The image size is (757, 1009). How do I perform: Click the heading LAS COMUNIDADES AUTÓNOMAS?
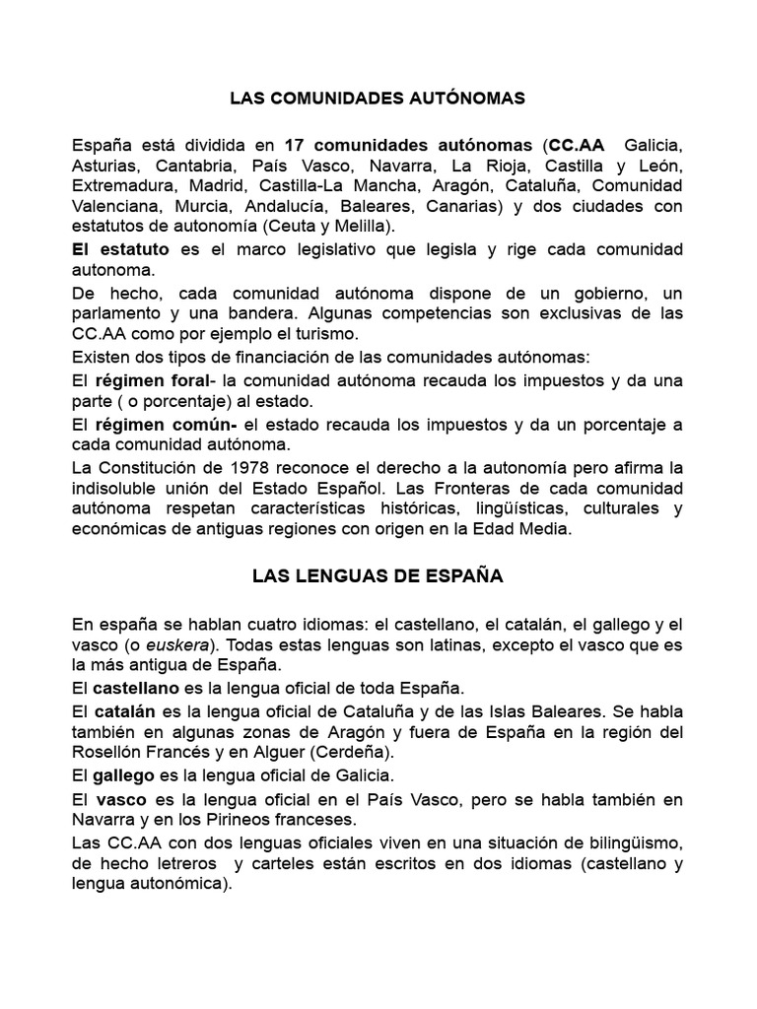pos(378,99)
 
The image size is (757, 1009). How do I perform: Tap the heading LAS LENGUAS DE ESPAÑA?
pos(378,577)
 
